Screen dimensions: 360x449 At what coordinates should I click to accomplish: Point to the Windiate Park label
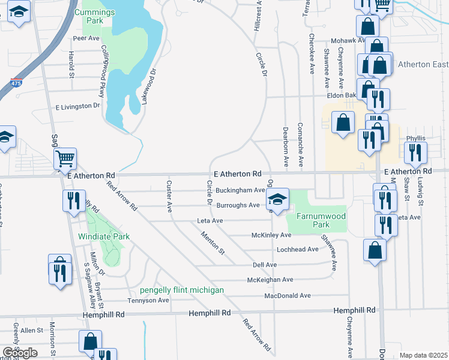(104, 236)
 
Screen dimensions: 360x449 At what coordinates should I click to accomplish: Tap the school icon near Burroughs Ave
(277, 199)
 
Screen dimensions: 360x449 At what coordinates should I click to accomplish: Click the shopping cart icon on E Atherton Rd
(65, 159)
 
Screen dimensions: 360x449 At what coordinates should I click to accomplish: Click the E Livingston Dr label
(77, 107)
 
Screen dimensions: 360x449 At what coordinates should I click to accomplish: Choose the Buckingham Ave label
(240, 190)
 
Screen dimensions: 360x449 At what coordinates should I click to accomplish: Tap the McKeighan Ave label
(270, 280)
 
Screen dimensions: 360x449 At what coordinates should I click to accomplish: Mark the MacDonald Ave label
(288, 295)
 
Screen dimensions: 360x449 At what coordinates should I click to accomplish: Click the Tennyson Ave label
(148, 300)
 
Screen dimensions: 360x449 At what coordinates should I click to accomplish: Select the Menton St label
(212, 243)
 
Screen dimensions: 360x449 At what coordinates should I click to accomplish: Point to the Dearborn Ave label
(286, 146)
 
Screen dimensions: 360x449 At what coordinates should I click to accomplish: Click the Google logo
(20, 352)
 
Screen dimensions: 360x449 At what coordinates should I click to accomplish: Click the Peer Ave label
(86, 38)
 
